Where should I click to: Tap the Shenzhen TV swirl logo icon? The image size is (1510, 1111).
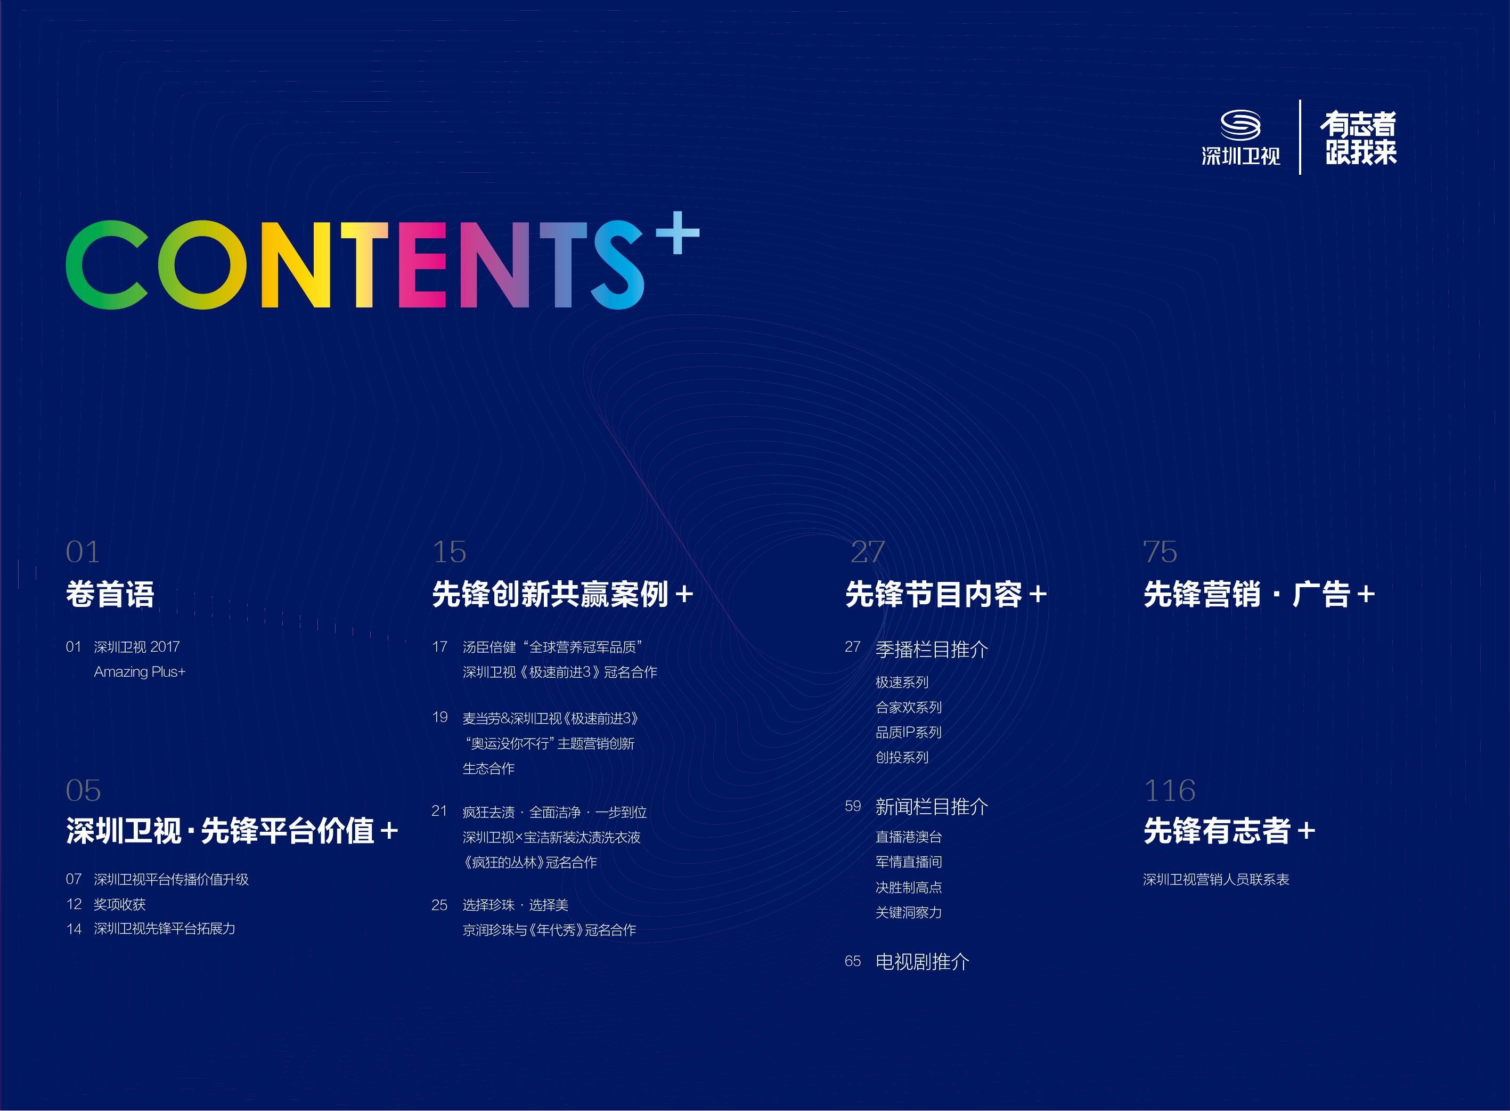(x=1240, y=125)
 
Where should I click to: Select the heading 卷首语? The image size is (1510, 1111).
(x=110, y=594)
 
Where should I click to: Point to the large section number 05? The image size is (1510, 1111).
(x=84, y=790)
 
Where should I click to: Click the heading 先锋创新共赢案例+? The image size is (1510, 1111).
(x=562, y=594)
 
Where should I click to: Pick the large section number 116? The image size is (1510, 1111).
(x=1170, y=790)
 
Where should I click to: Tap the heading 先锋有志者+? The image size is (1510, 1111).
(x=1229, y=831)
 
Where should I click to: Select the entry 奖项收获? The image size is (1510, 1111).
(x=120, y=904)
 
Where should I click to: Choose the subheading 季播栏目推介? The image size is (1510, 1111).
(x=932, y=649)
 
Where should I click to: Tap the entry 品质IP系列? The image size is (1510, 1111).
(x=908, y=732)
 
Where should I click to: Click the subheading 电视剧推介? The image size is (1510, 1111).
(x=923, y=962)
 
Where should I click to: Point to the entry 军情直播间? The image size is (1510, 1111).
(x=908, y=862)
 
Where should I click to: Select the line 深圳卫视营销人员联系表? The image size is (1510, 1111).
(x=1216, y=879)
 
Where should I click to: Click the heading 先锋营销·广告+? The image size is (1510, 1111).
(x=1259, y=594)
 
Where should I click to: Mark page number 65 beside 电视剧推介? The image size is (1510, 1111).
(x=853, y=962)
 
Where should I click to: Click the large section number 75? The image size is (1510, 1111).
(x=1161, y=552)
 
